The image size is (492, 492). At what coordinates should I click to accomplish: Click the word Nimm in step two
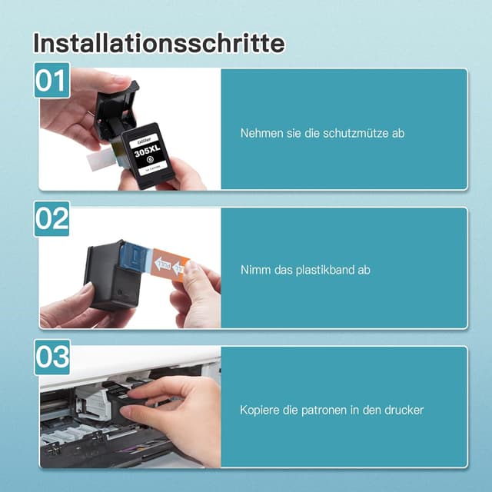pos(254,271)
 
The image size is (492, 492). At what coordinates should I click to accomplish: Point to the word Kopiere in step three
pos(258,410)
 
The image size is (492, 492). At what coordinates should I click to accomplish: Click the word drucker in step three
pos(402,410)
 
